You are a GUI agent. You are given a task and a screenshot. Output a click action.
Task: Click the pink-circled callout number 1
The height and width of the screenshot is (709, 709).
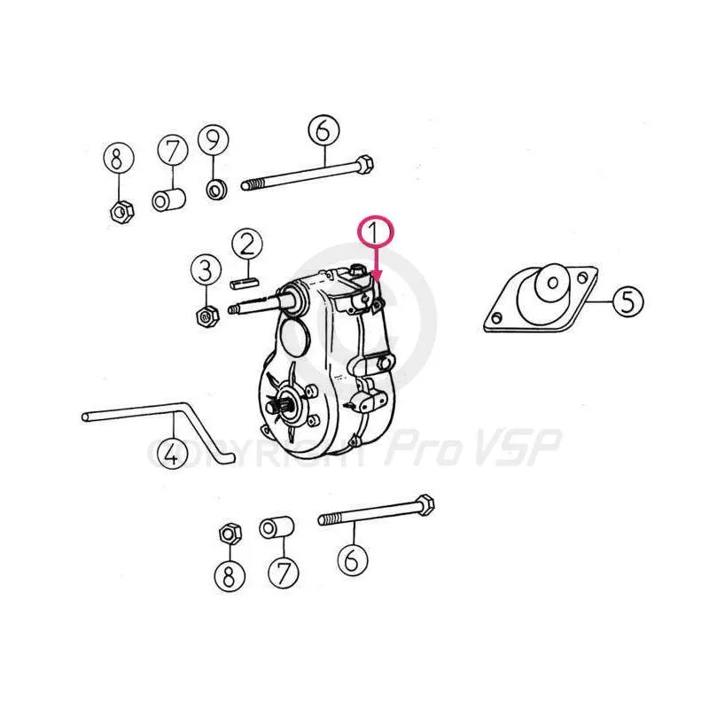pos(376,231)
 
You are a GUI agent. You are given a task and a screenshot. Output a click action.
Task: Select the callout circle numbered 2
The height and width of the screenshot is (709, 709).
pos(247,245)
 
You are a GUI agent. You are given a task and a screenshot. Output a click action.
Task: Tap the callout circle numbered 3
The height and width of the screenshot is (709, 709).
pos(206,271)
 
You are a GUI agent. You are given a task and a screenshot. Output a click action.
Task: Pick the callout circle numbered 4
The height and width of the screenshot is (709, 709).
pos(172,454)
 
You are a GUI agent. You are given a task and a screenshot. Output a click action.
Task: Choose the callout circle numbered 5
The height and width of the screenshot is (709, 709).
pos(628,301)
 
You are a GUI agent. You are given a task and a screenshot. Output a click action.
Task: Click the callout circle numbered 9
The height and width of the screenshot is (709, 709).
pos(214,140)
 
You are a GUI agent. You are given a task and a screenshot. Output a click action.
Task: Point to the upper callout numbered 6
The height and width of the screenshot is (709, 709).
pos(323,130)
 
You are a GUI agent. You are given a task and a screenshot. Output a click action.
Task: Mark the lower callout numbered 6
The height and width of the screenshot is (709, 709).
pos(353,560)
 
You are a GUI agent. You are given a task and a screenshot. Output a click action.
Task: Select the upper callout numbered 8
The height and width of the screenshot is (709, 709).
pos(119,159)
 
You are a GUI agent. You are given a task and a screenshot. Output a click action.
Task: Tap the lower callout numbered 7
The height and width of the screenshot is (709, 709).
pos(284,573)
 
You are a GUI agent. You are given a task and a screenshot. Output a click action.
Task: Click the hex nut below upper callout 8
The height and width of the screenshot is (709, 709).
pos(122,212)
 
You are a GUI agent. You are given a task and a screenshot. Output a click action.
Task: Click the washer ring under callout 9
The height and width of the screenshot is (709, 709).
pos(217,189)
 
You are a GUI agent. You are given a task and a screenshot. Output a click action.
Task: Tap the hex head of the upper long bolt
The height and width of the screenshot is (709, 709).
pos(364,165)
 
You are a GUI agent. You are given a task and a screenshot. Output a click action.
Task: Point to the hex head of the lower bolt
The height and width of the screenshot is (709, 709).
pos(425,504)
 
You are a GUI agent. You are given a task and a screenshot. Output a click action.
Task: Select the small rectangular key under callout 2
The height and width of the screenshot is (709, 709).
pos(245,284)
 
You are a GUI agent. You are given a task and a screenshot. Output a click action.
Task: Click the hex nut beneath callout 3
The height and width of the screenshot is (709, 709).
pos(208,316)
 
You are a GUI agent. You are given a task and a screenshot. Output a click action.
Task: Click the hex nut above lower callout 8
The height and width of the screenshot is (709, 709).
pos(230,534)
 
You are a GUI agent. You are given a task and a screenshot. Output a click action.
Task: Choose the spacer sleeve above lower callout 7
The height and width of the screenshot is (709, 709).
pos(277,526)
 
